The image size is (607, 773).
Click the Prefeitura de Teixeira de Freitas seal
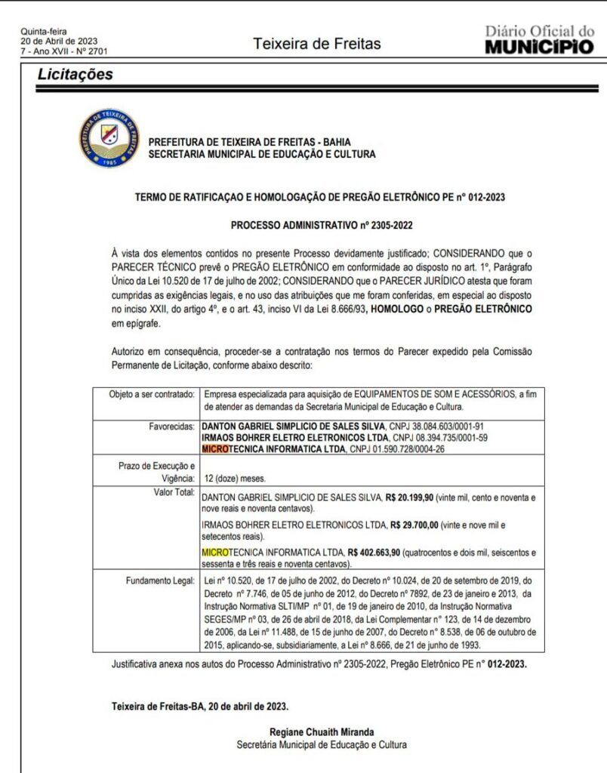(109, 138)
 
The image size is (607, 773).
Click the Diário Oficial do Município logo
(539, 39)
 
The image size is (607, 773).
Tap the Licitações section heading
(75, 74)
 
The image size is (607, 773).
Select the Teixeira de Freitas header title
(317, 44)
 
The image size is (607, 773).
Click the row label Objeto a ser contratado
(146, 394)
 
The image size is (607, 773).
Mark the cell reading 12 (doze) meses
(235, 479)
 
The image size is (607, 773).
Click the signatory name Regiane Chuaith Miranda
(321, 731)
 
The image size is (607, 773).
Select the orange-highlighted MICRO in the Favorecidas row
(219, 449)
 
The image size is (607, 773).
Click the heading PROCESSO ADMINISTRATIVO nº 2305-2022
(321, 225)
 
